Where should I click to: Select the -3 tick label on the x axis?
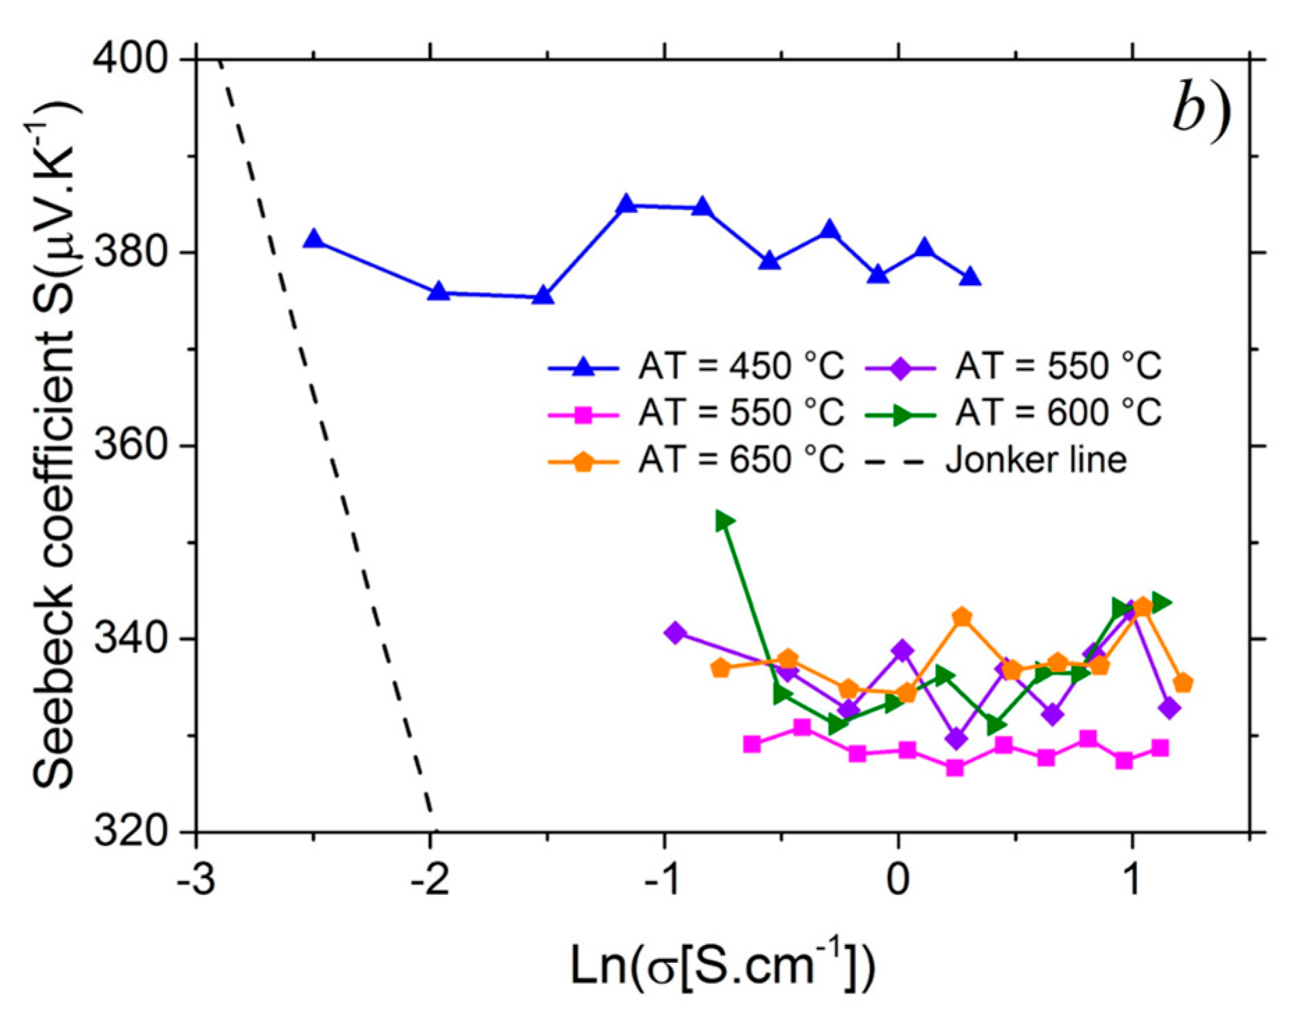[196, 880]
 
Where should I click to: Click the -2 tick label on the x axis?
[430, 880]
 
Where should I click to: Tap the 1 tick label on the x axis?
[1132, 880]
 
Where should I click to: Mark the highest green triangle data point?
[725, 521]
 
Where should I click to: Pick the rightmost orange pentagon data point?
[1182, 684]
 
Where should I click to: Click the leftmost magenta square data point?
[752, 744]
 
